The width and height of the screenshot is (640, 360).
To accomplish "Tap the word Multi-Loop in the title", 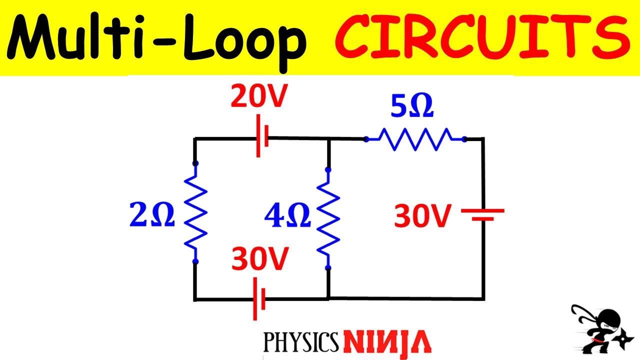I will tap(159, 38).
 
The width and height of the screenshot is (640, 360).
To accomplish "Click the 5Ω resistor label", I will tap(411, 108).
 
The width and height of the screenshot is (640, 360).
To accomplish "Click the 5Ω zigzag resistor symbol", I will tap(415, 138).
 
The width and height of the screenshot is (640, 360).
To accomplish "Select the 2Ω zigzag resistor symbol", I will tap(195, 212).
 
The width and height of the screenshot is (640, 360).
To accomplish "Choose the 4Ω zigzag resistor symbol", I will tap(328, 218).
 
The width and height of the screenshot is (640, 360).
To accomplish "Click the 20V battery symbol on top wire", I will tap(262, 137).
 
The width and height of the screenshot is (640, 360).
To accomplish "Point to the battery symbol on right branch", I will tap(482, 214).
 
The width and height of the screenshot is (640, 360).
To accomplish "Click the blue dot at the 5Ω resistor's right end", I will tap(464, 139).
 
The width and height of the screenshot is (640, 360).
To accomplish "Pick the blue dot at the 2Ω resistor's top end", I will tap(195, 163).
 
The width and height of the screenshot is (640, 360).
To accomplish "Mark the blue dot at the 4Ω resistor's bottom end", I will tap(328, 268).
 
